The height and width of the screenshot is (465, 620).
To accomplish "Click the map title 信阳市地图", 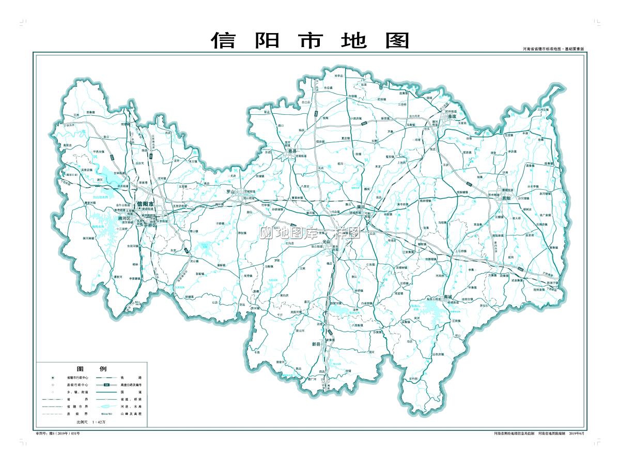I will (x=310, y=40).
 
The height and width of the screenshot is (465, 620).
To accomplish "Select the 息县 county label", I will (x=293, y=151).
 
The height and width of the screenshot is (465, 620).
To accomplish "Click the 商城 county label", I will (x=448, y=297).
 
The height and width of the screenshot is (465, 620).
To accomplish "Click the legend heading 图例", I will (x=91, y=369).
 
